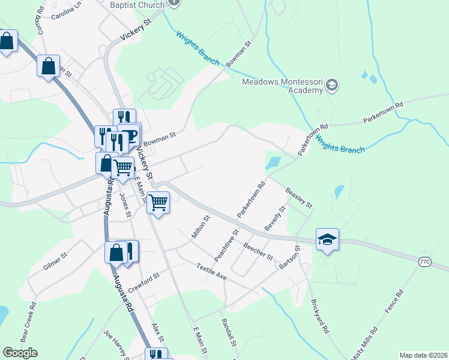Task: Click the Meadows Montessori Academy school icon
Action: [x=333, y=86]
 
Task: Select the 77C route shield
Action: [x=425, y=261]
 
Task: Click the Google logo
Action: [x=20, y=352]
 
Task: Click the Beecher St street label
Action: [x=258, y=251]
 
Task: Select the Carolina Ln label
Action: [x=66, y=13]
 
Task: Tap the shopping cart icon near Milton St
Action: [x=158, y=203]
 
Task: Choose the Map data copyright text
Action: [x=423, y=355]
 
